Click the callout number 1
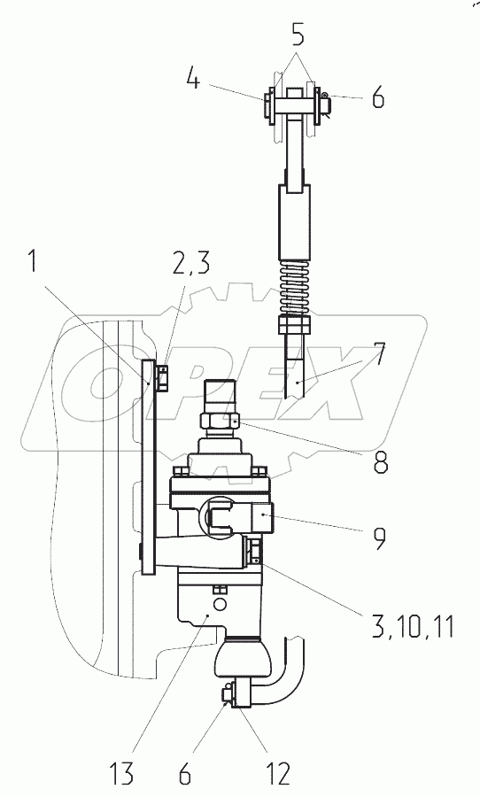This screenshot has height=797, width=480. (x=33, y=262)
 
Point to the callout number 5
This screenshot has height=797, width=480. (x=298, y=36)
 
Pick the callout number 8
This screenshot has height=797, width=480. (x=381, y=462)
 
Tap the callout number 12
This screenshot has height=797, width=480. (x=277, y=774)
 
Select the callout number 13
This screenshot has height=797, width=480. (x=120, y=774)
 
